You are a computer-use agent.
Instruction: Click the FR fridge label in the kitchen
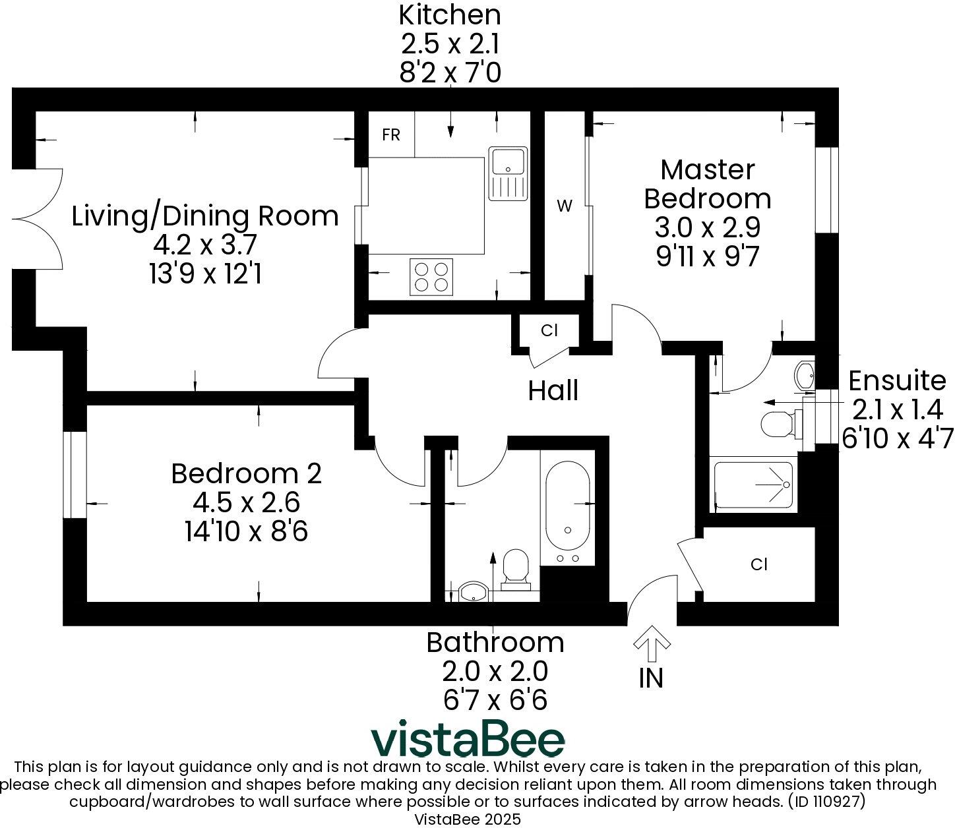pos(390,134)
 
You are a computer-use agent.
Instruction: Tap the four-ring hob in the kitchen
pos(431,277)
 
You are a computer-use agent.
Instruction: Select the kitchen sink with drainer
pos(508,173)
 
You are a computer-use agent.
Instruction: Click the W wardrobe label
pos(565,206)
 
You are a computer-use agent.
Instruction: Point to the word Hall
pos(553,390)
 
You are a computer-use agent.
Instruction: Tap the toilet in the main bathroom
pos(516,570)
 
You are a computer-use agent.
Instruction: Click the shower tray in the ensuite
pos(753,485)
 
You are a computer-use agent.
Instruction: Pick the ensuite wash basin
pos(804,374)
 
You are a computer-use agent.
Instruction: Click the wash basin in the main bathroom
pos(474,592)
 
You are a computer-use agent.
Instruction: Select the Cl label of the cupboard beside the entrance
pos(759,564)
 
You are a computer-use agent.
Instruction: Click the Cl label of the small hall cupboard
pos(549,330)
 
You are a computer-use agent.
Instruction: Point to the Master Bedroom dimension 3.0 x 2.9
pos(708,227)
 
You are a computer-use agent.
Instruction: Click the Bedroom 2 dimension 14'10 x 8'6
pos(246,531)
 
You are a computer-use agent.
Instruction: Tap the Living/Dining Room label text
pos(205,216)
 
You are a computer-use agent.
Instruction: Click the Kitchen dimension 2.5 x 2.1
pos(450,44)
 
